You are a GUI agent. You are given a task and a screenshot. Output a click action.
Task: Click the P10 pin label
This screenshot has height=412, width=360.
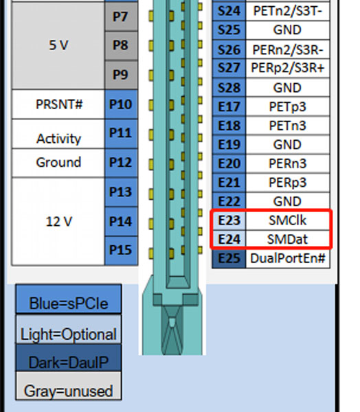click(x=121, y=104)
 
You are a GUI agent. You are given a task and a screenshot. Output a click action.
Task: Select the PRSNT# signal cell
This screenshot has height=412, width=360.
click(x=58, y=104)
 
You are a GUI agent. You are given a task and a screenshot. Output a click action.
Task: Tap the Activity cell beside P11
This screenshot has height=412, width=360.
click(x=58, y=134)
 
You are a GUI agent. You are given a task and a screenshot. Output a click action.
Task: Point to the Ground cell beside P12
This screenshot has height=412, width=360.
click(x=58, y=163)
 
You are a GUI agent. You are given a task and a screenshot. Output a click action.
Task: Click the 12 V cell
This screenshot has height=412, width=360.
click(x=58, y=221)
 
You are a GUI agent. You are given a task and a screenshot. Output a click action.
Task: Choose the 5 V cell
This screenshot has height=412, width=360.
click(x=58, y=45)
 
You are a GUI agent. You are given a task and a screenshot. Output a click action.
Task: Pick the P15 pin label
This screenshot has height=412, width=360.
click(x=121, y=251)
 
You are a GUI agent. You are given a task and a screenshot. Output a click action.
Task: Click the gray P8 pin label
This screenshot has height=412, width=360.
click(x=121, y=46)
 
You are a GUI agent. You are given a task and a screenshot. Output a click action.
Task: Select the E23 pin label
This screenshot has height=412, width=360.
click(x=229, y=220)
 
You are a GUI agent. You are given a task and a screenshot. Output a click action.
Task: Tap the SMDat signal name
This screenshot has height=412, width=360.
click(x=287, y=240)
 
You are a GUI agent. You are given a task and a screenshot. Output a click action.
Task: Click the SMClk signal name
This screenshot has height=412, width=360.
click(x=287, y=220)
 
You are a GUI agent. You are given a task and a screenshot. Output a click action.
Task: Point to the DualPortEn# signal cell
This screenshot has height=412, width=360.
click(x=288, y=259)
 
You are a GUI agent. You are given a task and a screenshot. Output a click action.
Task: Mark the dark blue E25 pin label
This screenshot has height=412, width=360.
click(x=229, y=259)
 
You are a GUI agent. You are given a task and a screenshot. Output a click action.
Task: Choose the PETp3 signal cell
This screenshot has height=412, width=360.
click(x=288, y=106)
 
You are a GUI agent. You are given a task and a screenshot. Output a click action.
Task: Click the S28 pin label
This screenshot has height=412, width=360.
click(x=229, y=87)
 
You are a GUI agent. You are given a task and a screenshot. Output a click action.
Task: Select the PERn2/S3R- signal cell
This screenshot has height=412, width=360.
click(x=288, y=49)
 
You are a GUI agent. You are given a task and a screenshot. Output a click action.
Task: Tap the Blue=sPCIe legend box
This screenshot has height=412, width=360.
click(x=69, y=299)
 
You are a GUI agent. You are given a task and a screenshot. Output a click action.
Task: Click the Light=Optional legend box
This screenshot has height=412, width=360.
click(x=69, y=329)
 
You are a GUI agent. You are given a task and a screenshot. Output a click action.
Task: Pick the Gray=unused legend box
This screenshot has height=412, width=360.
click(x=69, y=386)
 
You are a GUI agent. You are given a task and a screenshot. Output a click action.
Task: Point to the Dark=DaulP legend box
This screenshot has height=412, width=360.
click(x=69, y=358)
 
